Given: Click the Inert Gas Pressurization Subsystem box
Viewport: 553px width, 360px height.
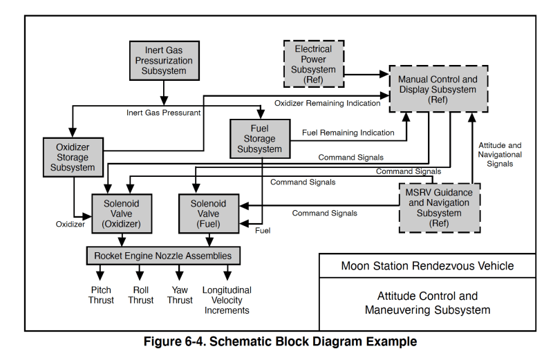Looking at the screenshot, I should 165,61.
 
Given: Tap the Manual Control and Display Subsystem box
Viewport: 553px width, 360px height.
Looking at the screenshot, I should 437,89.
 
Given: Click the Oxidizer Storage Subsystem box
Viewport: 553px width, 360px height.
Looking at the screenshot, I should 73,157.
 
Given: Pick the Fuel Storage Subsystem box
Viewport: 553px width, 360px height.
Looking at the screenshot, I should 259,138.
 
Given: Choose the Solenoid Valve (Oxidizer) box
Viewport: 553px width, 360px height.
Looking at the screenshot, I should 122,214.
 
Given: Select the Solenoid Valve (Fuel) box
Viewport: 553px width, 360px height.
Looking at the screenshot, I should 208,214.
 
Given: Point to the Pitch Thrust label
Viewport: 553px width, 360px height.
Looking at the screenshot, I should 101,295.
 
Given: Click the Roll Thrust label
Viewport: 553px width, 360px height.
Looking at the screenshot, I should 140,295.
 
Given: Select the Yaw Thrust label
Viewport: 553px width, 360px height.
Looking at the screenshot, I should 180,295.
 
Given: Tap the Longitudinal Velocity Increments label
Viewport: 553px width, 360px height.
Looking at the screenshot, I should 227,300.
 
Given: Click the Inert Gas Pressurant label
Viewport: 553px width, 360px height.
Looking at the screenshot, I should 164,112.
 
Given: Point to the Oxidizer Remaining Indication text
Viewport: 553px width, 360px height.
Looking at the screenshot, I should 327,103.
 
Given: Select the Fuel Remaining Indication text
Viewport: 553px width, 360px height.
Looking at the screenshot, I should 348,133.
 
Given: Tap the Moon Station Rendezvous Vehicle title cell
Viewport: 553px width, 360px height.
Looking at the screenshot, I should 427,265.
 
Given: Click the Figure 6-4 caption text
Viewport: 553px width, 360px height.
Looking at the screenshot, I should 280,341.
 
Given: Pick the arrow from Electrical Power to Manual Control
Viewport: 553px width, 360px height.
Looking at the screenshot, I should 366,74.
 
